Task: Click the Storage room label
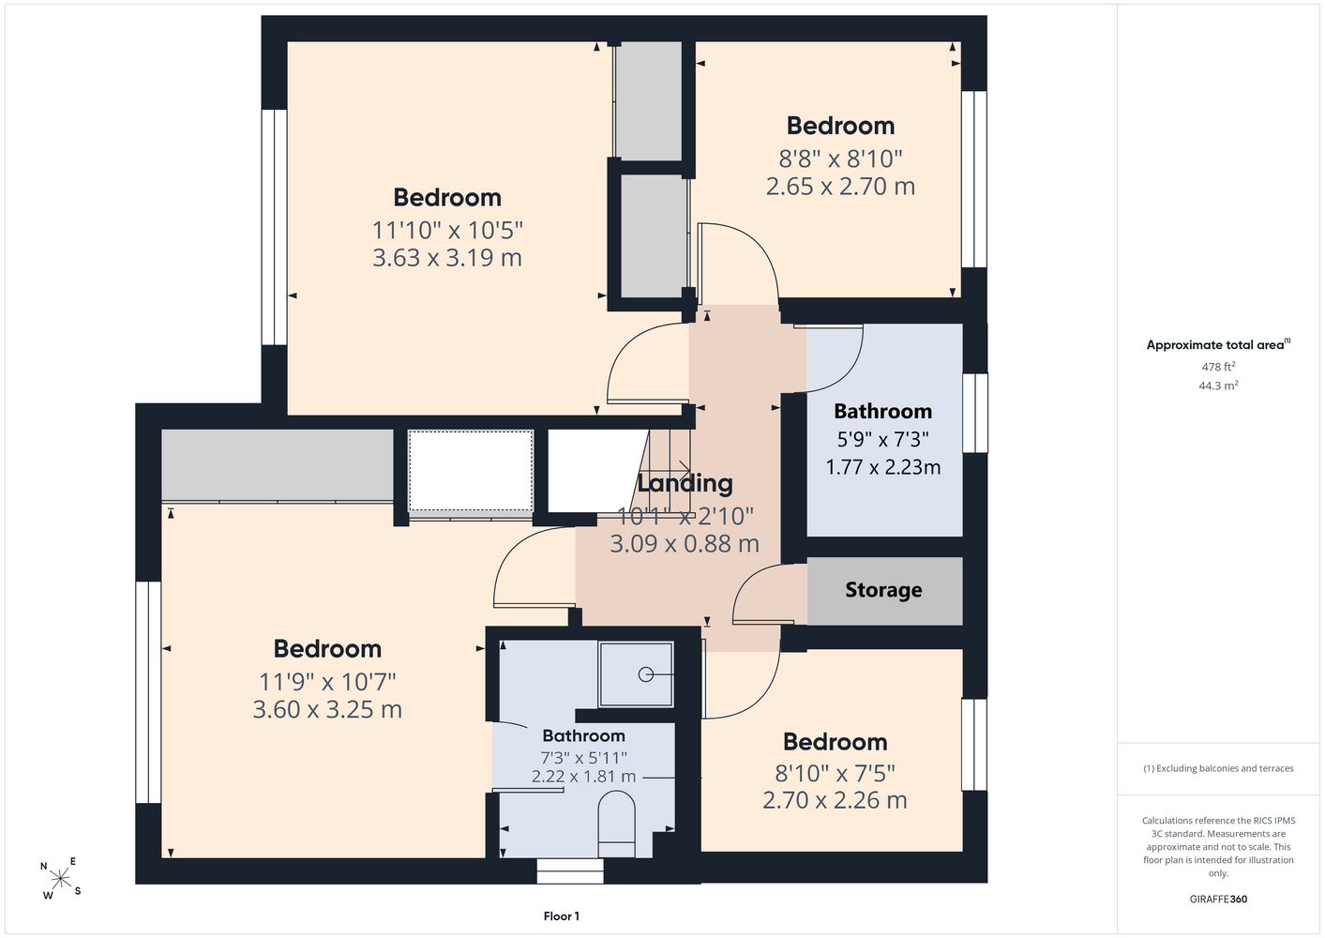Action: (883, 590)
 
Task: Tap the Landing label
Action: (685, 483)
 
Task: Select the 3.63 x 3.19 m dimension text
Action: (447, 258)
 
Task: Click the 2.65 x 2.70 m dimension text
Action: (840, 187)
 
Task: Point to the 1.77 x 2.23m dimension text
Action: (883, 467)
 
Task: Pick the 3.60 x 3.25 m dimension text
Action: (327, 709)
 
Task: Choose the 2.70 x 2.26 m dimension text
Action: (835, 800)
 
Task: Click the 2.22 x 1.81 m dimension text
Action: (583, 776)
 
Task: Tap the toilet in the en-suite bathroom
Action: (616, 824)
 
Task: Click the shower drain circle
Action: (646, 674)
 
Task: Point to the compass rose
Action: (60, 879)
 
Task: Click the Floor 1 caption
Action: (562, 916)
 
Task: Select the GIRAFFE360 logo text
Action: (1218, 899)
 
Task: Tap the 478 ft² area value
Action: (1218, 367)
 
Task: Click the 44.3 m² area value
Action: (1218, 386)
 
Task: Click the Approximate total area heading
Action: (1218, 344)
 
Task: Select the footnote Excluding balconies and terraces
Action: (1218, 768)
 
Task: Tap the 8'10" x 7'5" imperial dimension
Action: (835, 773)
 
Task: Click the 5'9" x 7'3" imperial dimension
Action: (883, 440)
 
